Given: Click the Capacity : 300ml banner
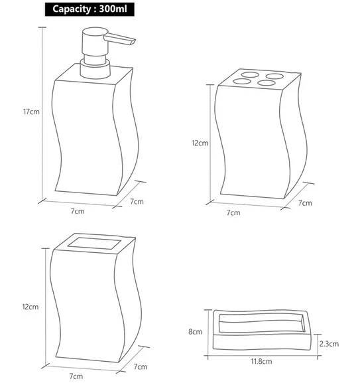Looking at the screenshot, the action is pyautogui.click(x=90, y=9).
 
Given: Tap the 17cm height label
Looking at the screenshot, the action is pyautogui.click(x=31, y=112).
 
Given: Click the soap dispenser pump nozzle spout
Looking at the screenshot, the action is pyautogui.click(x=119, y=38).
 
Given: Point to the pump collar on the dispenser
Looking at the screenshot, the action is pyautogui.click(x=95, y=69).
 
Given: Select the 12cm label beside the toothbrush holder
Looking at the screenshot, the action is pyautogui.click(x=200, y=143).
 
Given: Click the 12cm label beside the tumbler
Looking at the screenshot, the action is pyautogui.click(x=30, y=307).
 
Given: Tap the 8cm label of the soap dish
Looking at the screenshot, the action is pyautogui.click(x=195, y=332).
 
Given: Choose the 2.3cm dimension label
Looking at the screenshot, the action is pyautogui.click(x=329, y=344).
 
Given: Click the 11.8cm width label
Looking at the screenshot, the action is pyautogui.click(x=261, y=361).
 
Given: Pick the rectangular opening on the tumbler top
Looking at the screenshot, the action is pyautogui.click(x=94, y=244).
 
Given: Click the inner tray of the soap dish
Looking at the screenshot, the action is pyautogui.click(x=262, y=323).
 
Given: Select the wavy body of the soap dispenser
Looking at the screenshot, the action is pyautogui.click(x=86, y=137).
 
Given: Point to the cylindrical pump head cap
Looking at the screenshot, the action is pyautogui.click(x=95, y=41).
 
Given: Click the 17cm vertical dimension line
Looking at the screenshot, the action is pyautogui.click(x=42, y=114).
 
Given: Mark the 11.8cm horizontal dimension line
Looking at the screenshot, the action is pyautogui.click(x=263, y=355).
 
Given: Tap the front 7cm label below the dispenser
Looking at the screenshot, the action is pyautogui.click(x=78, y=211).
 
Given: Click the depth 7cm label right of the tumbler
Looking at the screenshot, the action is pyautogui.click(x=141, y=366).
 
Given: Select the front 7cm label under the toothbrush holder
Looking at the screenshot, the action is pyautogui.click(x=233, y=212).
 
